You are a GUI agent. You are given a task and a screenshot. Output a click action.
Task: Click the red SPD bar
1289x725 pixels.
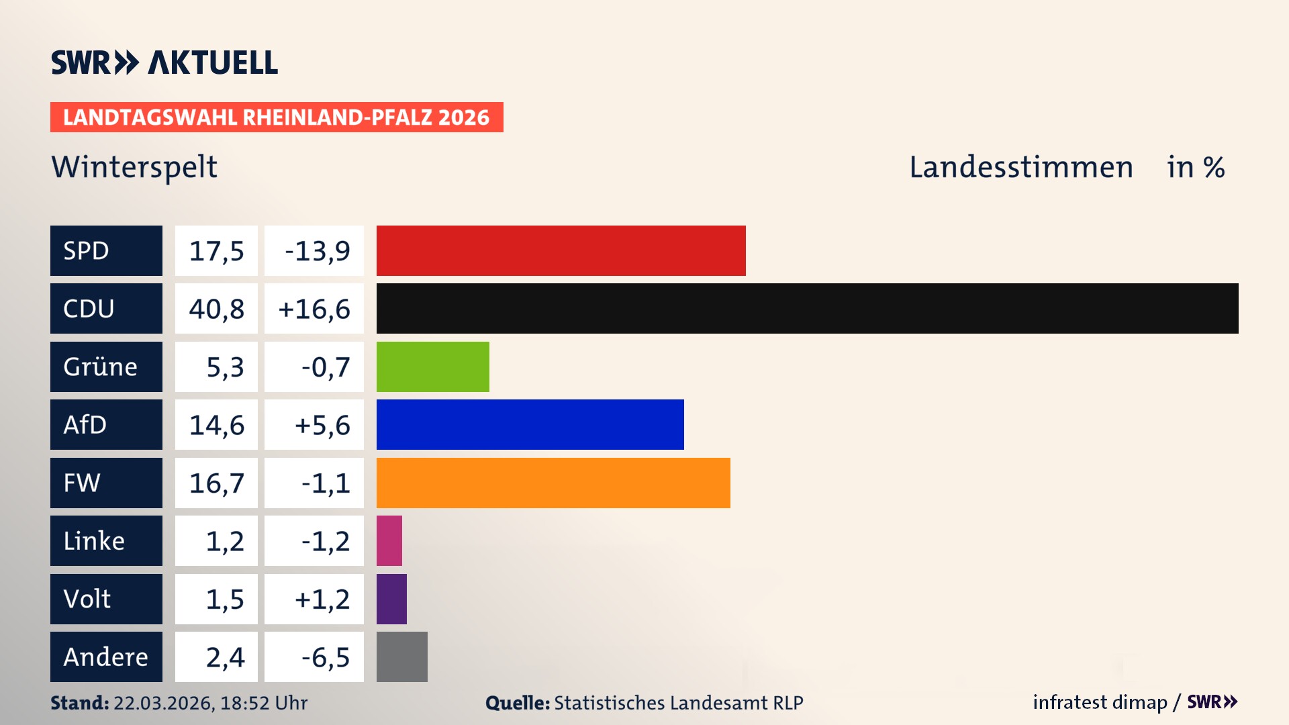pos(561,250)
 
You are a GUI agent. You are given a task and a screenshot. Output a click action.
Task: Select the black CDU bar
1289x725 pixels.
pos(807,308)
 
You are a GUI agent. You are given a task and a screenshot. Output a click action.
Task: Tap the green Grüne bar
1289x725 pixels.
pos(432,367)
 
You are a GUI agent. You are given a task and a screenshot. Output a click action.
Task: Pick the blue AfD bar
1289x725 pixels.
pos(530,424)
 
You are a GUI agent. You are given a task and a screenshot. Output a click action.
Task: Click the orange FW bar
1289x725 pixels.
pos(553,483)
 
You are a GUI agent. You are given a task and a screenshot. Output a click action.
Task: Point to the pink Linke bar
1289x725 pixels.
pos(389,540)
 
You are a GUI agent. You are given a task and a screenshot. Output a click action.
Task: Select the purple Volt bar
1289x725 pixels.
pos(391,599)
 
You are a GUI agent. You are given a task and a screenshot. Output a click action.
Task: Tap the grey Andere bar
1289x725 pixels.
pos(401,657)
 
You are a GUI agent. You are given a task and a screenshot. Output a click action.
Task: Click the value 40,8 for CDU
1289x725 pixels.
pos(216,309)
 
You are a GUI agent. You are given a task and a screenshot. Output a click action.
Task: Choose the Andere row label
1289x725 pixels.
pos(106,657)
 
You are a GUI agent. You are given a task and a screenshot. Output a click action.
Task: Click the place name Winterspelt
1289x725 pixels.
pos(134,167)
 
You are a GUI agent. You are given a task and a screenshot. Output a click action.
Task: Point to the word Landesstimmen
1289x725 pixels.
pos(1020,167)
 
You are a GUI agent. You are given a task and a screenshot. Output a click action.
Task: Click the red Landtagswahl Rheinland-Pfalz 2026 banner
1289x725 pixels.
pos(277,117)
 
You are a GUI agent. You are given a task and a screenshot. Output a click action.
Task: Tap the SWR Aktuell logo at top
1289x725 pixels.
pos(164,62)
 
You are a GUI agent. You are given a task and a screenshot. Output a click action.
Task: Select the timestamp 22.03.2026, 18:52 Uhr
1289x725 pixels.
pos(210,703)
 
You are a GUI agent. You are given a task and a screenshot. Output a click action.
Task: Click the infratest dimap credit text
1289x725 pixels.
pos(1100,702)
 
